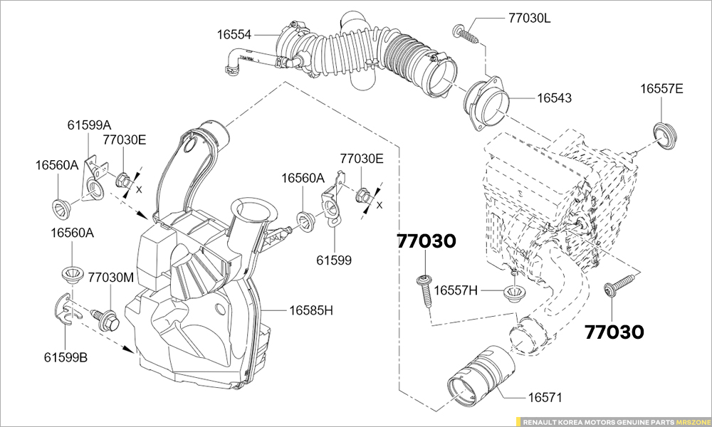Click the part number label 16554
point(236,33)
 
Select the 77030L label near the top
point(529,18)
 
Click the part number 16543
point(554,97)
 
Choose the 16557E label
point(661,88)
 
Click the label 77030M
point(111,278)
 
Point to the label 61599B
point(66,357)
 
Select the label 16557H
point(456,290)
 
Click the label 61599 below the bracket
point(334,260)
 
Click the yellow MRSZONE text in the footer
point(691,421)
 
